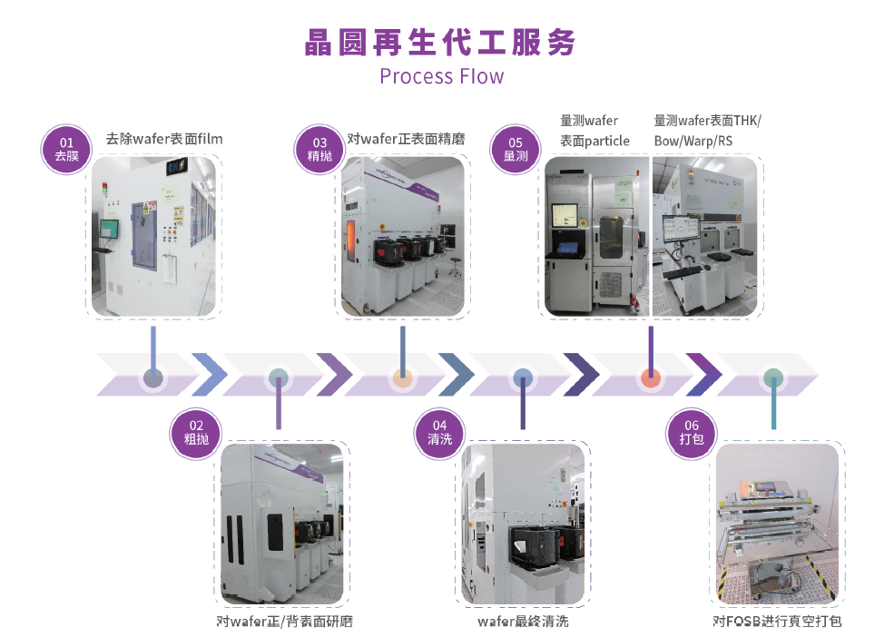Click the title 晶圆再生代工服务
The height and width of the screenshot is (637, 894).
pyautogui.click(x=441, y=42)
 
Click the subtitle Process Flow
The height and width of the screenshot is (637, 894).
pyautogui.click(x=441, y=76)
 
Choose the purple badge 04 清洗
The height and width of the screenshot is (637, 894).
pyautogui.click(x=439, y=432)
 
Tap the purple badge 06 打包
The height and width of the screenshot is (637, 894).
pyautogui.click(x=692, y=432)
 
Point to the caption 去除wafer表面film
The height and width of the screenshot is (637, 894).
pyautogui.click(x=164, y=139)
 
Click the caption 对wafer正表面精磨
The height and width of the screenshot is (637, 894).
pyautogui.click(x=407, y=139)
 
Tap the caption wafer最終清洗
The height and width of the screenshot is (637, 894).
pyautogui.click(x=523, y=622)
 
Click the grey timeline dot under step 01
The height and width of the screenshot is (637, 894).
pyautogui.click(x=152, y=378)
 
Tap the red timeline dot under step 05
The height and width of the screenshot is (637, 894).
pyautogui.click(x=650, y=378)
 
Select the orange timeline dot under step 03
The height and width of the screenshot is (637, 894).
pyautogui.click(x=402, y=378)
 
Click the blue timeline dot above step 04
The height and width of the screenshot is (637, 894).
pyautogui.click(x=523, y=378)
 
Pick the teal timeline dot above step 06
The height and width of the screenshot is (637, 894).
pyautogui.click(x=772, y=378)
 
